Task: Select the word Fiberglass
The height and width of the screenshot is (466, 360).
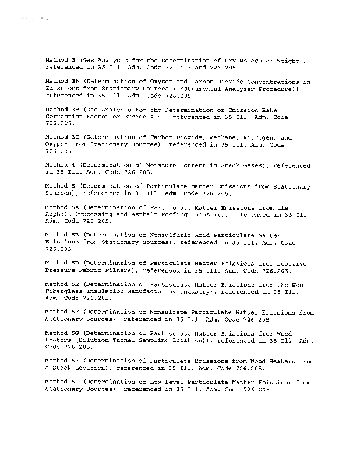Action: tap(66, 291)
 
